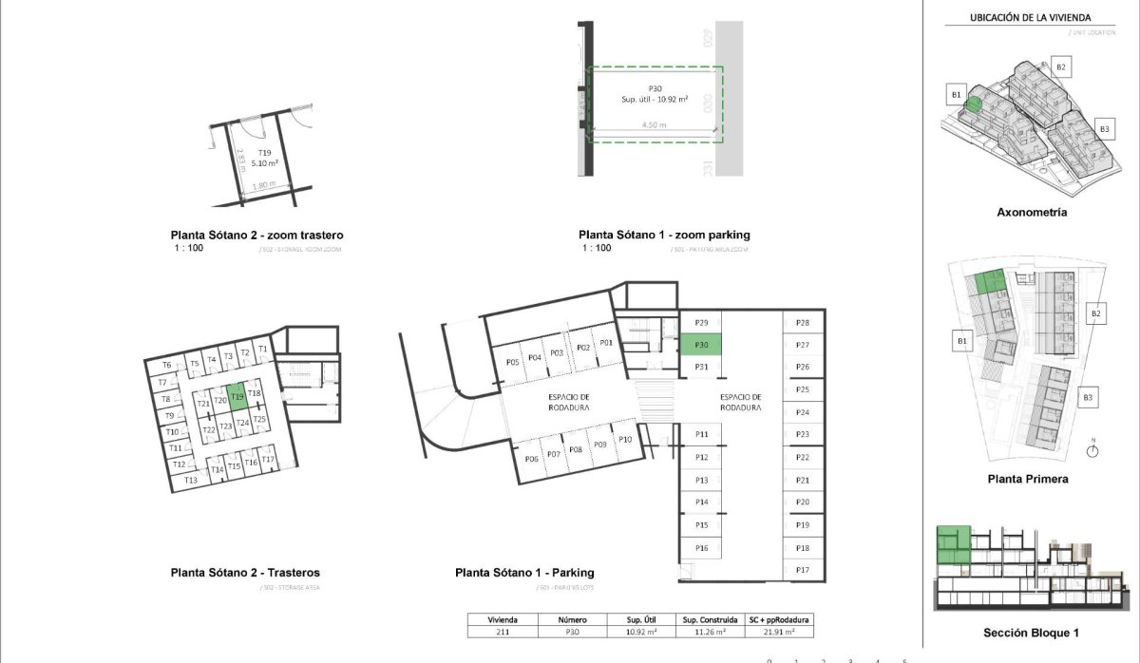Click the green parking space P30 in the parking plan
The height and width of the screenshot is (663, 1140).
(x=701, y=345)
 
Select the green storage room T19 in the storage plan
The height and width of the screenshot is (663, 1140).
(x=237, y=395)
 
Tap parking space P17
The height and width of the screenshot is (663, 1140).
(x=803, y=570)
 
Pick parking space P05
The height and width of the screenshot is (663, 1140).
(x=512, y=362)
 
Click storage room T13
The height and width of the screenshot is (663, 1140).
(x=191, y=481)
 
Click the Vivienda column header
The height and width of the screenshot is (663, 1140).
(x=502, y=618)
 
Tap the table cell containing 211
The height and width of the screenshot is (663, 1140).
(x=502, y=631)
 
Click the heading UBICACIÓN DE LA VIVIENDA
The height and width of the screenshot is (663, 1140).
(x=1029, y=17)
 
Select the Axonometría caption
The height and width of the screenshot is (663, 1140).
(x=1032, y=213)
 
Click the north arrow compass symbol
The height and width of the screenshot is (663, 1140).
(x=1092, y=451)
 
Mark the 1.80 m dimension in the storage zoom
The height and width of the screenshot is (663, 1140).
(x=264, y=185)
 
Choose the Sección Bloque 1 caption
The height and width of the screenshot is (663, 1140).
(x=1032, y=633)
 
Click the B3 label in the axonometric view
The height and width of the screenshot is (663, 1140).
(x=1104, y=128)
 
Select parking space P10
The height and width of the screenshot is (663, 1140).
(x=624, y=440)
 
